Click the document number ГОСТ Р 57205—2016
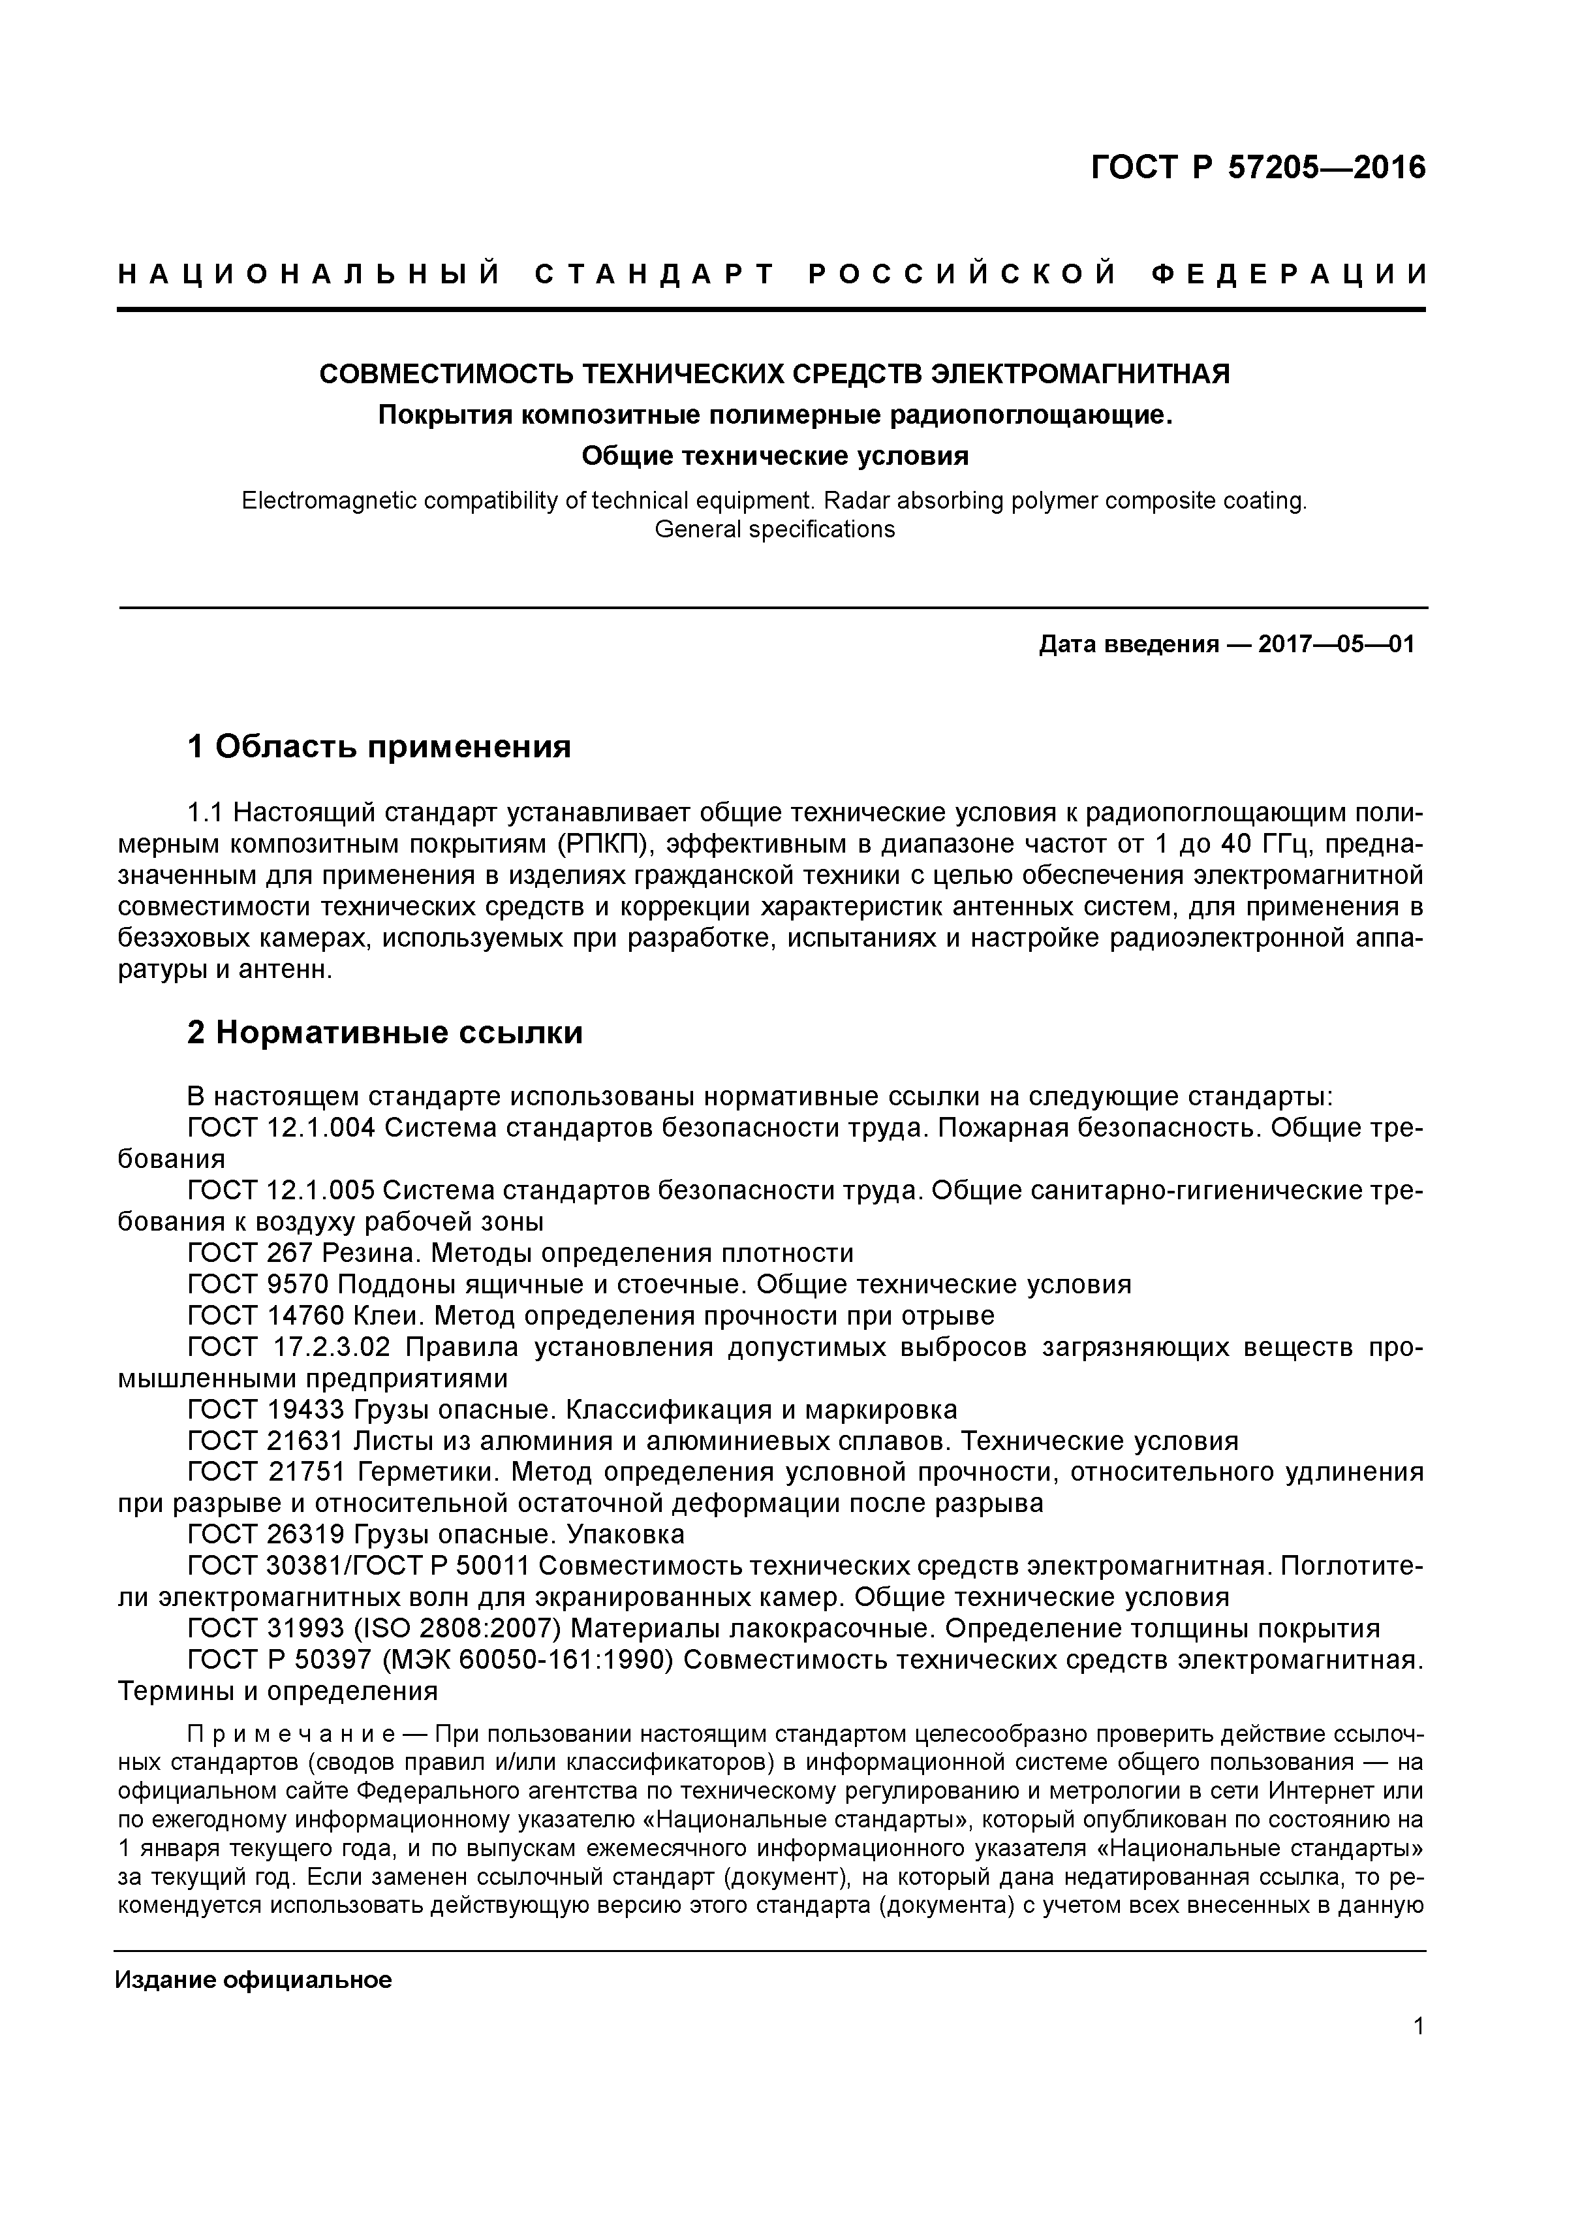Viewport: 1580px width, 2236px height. tap(1257, 168)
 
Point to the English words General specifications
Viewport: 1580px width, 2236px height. tap(774, 529)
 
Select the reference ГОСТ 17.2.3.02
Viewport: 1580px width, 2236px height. tap(289, 1347)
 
